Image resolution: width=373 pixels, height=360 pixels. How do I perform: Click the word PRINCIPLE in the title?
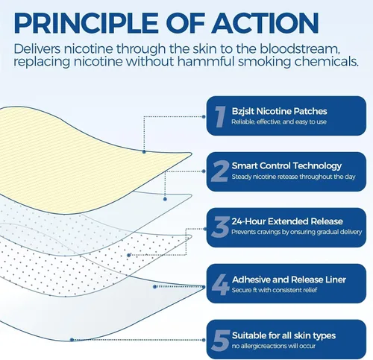click(86, 23)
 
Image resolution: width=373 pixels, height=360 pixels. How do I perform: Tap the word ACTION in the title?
click(265, 23)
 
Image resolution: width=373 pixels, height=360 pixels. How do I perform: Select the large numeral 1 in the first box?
click(220, 116)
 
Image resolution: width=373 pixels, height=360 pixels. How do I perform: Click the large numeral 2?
click(219, 171)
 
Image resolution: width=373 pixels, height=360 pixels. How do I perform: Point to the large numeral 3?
click(220, 227)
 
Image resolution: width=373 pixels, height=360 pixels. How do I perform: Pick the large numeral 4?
click(220, 285)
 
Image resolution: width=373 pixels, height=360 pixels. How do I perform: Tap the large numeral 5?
click(221, 341)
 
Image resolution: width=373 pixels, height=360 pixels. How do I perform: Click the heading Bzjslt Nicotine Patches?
click(279, 112)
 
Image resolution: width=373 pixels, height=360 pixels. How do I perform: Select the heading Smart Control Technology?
click(286, 166)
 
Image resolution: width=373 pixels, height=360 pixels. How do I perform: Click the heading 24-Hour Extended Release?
click(287, 221)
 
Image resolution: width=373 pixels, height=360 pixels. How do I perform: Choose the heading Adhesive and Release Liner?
click(289, 280)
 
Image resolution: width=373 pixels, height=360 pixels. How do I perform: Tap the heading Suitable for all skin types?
click(283, 335)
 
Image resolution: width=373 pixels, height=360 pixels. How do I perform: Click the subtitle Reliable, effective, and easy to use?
click(279, 121)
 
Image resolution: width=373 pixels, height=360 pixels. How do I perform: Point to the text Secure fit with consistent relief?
click(275, 290)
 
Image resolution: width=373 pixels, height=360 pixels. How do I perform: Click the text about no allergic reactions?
click(274, 346)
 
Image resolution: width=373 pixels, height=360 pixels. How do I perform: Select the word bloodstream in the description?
click(300, 48)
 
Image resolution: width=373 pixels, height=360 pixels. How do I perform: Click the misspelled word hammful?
click(206, 61)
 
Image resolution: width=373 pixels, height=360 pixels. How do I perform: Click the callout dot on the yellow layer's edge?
click(144, 151)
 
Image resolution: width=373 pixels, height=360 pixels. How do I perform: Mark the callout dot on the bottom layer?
click(72, 339)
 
